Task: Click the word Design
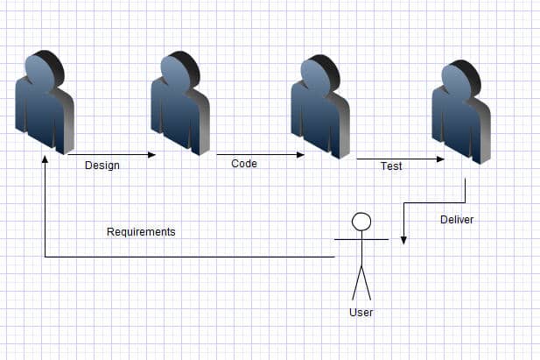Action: (x=102, y=166)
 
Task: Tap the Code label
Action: (x=244, y=164)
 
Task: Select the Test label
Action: (x=391, y=166)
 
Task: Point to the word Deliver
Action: (x=457, y=220)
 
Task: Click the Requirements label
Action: (x=141, y=232)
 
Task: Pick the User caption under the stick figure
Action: (x=361, y=313)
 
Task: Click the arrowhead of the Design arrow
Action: (x=152, y=155)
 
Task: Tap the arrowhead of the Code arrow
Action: (x=300, y=155)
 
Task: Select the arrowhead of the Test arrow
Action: (x=440, y=159)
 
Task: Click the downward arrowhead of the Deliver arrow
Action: (x=403, y=240)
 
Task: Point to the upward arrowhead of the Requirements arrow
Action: (x=45, y=159)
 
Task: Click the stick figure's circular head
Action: (x=361, y=222)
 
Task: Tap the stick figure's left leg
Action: (x=357, y=283)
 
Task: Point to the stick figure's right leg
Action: (x=366, y=283)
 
